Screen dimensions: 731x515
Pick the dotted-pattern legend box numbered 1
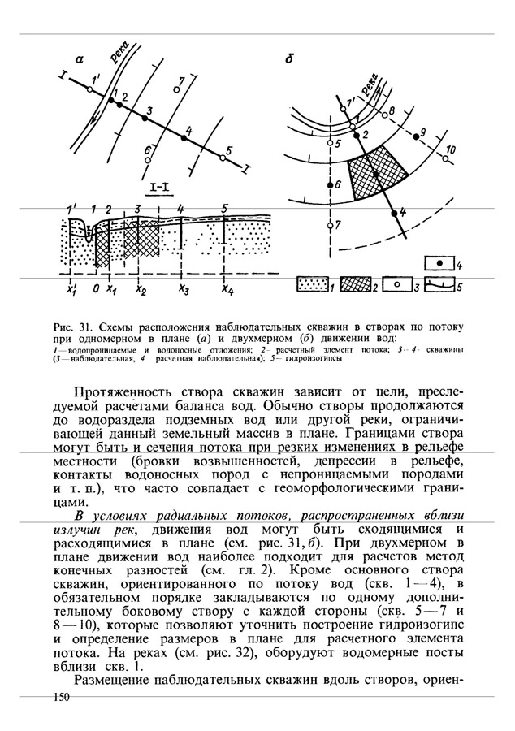click(x=309, y=286)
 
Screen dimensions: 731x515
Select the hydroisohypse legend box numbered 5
click(x=439, y=286)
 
